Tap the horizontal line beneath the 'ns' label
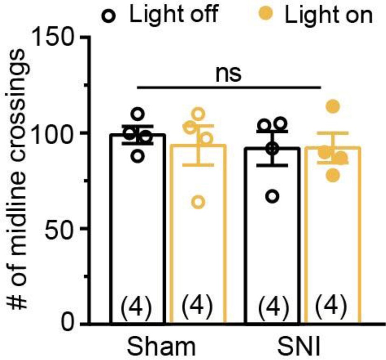(229, 87)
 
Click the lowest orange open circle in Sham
(198, 202)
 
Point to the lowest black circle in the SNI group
(274, 196)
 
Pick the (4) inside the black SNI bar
(271, 308)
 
